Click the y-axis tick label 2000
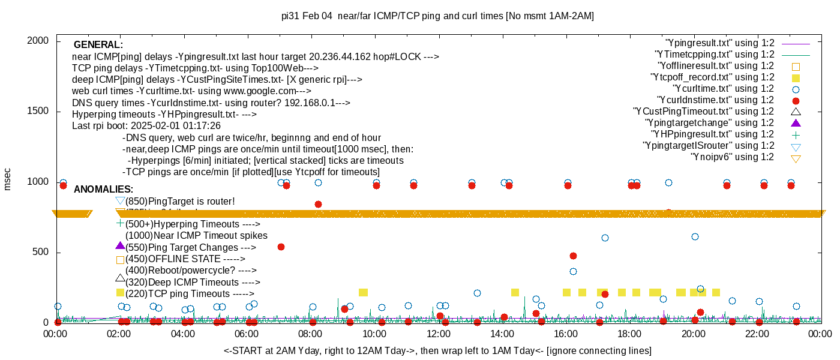38,41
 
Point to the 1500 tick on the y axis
38,112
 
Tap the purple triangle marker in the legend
796,123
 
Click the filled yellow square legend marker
796,77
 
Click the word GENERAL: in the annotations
98,45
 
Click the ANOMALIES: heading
103,190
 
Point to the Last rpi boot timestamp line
146,126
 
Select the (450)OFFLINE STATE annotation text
185,259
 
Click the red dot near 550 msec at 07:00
281,247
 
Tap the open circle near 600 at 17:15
605,238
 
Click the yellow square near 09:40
363,292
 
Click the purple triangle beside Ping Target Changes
120,246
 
